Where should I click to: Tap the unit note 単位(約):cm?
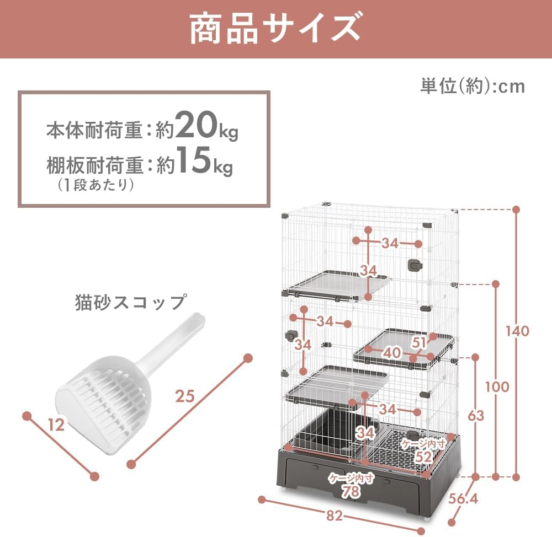(x=473, y=86)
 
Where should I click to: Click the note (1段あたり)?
(x=96, y=185)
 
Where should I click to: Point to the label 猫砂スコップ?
(x=130, y=302)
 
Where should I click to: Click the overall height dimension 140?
(x=518, y=331)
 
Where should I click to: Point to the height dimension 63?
(x=475, y=415)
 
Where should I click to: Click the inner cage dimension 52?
(x=423, y=457)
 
